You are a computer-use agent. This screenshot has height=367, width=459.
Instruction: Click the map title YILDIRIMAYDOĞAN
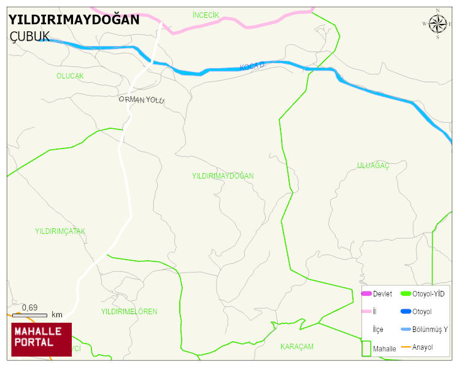coord(74,20)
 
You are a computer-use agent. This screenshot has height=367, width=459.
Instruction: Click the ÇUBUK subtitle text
coord(29,37)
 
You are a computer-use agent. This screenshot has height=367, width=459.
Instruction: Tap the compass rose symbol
coord(438,24)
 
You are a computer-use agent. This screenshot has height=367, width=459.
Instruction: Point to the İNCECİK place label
coord(206,15)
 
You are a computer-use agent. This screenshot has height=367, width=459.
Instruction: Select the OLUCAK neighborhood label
coord(70,76)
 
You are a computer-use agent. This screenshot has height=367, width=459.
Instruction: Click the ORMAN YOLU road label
coord(142,99)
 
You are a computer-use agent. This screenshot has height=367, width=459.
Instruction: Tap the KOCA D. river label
coord(252,65)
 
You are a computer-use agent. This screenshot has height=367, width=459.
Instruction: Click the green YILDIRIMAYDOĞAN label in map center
coord(223,176)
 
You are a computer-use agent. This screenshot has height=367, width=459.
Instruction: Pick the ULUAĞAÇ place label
coord(373,166)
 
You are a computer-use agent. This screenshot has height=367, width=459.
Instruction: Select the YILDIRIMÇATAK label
coord(60,231)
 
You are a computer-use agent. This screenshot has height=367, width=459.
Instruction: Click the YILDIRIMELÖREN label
coord(129,312)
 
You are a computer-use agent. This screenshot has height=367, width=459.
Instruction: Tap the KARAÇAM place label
coord(297,347)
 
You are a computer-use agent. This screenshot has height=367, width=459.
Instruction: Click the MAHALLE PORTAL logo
coord(41,339)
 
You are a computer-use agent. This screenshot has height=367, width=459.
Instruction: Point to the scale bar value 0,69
coord(29,307)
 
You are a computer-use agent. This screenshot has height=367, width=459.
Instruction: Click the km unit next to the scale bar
coord(57,315)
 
